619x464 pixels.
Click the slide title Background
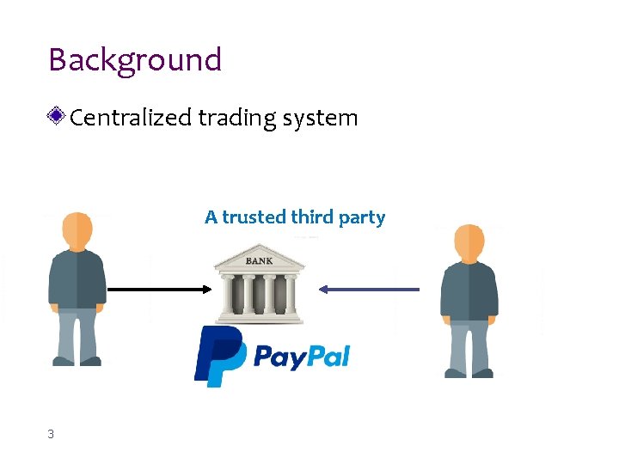pos(135,60)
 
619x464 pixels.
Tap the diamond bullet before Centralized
pos(58,116)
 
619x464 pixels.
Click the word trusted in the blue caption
pos(255,217)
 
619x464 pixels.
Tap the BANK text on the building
pos(260,260)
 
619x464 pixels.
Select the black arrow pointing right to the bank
pos(159,290)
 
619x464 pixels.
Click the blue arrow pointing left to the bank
pos(370,290)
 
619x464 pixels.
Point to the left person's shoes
pos(77,362)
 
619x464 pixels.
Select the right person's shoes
pos(469,373)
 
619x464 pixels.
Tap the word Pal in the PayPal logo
pos(324,356)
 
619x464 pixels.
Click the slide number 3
pos(51,435)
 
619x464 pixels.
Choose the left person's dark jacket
pos(77,279)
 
